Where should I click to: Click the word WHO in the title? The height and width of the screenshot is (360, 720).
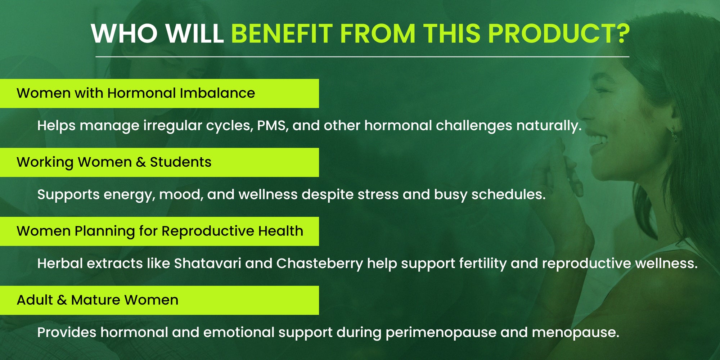click(124, 33)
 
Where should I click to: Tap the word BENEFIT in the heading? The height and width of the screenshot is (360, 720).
click(282, 33)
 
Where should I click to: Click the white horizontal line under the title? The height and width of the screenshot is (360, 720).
click(362, 57)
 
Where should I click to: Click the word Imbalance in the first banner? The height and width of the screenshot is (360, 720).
click(217, 93)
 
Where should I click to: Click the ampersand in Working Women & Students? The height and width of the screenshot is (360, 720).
click(141, 162)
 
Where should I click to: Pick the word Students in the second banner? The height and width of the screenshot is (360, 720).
click(181, 162)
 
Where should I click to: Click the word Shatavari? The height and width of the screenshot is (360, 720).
click(208, 264)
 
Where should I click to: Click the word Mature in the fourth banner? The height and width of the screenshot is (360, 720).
click(96, 300)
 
